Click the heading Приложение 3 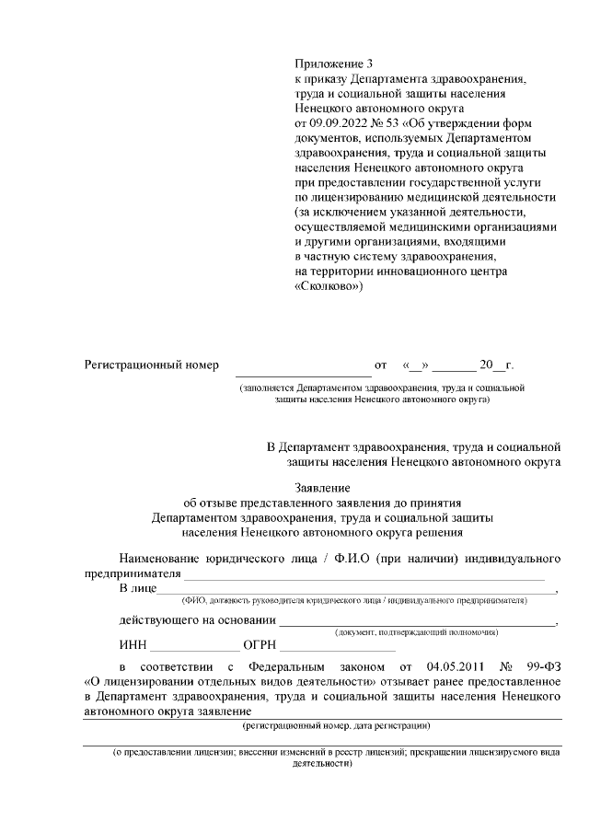pyautogui.click(x=335, y=64)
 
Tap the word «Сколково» pyautogui.click(x=329, y=285)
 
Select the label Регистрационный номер pyautogui.click(x=152, y=365)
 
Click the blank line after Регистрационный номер pyautogui.click(x=303, y=368)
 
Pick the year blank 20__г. pyautogui.click(x=496, y=365)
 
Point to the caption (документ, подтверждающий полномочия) pyautogui.click(x=417, y=633)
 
